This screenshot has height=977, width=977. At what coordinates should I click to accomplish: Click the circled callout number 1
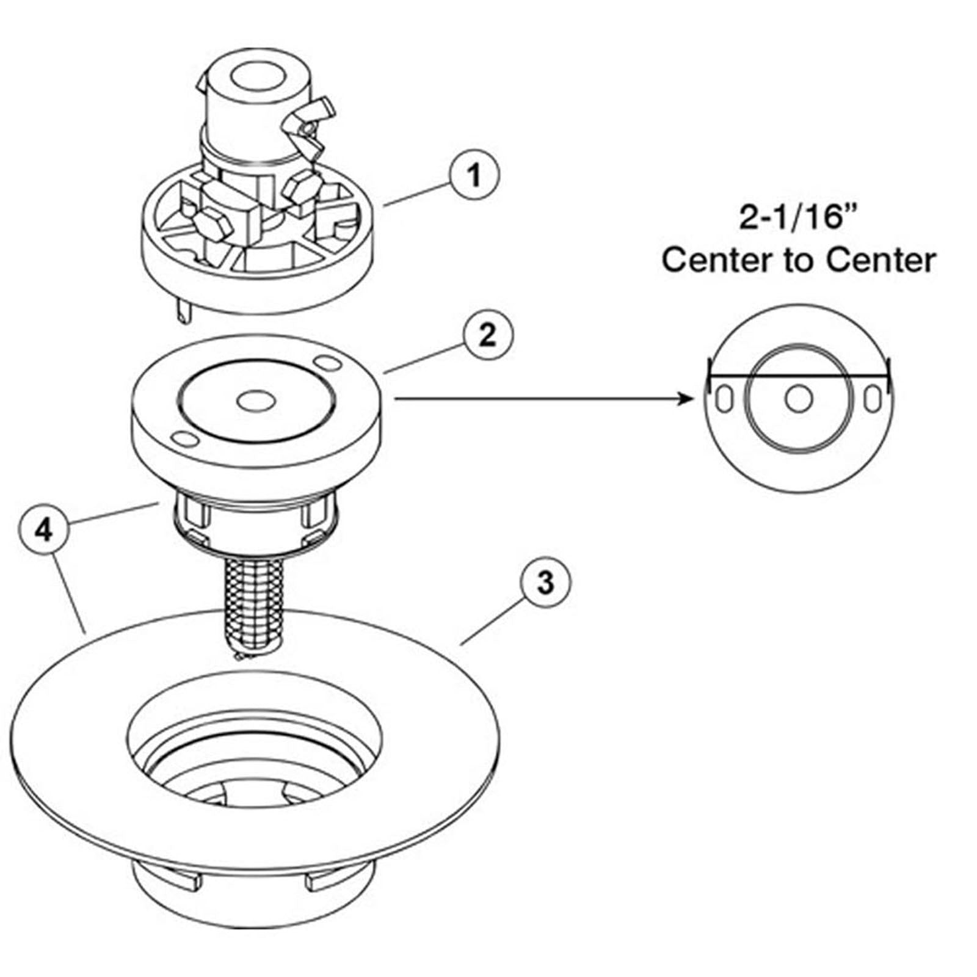pos(474,175)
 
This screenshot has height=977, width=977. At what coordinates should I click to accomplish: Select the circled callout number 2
pos(487,335)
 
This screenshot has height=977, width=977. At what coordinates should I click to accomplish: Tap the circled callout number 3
pos(545,582)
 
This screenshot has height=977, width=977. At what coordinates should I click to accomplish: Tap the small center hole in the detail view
pos(799,399)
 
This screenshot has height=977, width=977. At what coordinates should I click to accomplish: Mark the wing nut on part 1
pos(314,127)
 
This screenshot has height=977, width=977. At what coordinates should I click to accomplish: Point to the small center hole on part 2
pos(255,401)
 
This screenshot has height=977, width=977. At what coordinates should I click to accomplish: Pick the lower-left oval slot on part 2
pos(183,439)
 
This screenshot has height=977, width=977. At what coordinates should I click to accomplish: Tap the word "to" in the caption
pos(798,260)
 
